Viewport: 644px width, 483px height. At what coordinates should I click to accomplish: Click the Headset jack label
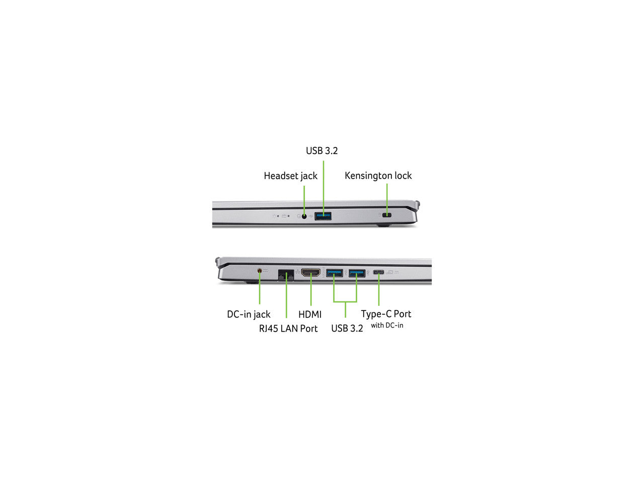tap(290, 176)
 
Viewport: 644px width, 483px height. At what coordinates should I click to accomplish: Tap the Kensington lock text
tap(378, 176)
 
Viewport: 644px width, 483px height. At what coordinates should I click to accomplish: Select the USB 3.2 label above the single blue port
tap(321, 150)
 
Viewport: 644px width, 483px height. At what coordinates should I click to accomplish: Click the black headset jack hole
tap(304, 216)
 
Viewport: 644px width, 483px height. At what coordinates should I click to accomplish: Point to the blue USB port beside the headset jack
tap(323, 216)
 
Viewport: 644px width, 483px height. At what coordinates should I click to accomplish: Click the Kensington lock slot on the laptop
tap(387, 215)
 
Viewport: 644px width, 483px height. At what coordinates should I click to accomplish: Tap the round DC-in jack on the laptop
tap(259, 271)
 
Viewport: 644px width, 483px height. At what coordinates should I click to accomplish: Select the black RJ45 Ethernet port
tap(285, 275)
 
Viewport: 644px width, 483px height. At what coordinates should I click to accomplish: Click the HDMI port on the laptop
tap(311, 273)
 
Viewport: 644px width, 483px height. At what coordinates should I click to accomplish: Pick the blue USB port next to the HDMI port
tap(334, 273)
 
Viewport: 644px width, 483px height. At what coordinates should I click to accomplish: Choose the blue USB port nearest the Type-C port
tap(357, 273)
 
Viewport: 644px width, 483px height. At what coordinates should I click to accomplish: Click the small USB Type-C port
tap(378, 272)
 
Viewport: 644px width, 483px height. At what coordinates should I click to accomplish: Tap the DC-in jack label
tap(249, 314)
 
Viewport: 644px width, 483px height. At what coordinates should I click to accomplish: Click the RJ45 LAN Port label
tap(288, 329)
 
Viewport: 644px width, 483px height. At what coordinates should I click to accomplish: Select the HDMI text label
tap(310, 314)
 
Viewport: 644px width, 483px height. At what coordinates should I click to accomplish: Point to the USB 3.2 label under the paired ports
tap(347, 329)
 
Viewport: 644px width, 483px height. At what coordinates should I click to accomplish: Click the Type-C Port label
tap(386, 314)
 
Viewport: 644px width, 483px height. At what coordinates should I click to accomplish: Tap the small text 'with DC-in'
tap(387, 325)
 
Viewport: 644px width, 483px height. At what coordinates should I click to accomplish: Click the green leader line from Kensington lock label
tap(387, 200)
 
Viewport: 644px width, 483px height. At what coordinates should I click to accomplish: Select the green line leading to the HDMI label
tap(311, 289)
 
